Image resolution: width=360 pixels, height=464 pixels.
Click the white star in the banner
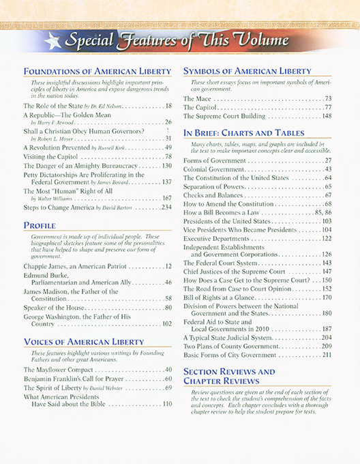click(x=50, y=42)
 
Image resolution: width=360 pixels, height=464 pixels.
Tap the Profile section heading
click(x=40, y=224)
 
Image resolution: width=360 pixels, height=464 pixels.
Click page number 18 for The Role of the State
click(x=168, y=106)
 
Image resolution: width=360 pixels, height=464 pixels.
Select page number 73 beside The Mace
click(x=328, y=99)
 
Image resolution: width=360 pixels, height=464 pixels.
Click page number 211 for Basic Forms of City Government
click(x=327, y=355)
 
